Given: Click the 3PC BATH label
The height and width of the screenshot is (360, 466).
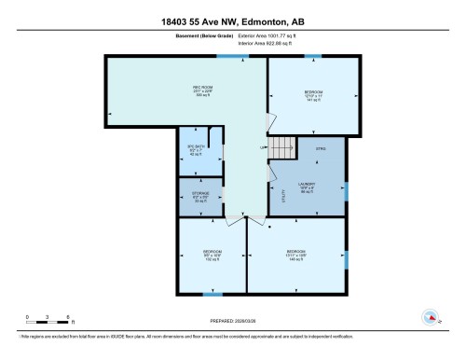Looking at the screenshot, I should click(195, 151).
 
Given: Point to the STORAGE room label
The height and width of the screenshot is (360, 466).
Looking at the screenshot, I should click(200, 196).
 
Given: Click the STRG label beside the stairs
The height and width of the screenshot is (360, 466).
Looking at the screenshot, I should click(320, 147).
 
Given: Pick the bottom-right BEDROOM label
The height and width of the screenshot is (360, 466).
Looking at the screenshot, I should click(296, 253).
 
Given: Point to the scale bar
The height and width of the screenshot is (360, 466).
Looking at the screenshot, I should click(39, 320).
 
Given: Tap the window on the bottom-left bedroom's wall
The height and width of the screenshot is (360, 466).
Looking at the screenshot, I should click(212, 294).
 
